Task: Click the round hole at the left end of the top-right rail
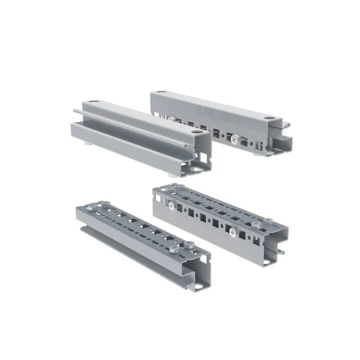point(161,92)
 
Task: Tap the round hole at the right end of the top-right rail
point(270,119)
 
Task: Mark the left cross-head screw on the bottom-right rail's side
point(171,205)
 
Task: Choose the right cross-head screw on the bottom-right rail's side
point(233,232)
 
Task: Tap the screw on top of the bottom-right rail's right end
point(268,220)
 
